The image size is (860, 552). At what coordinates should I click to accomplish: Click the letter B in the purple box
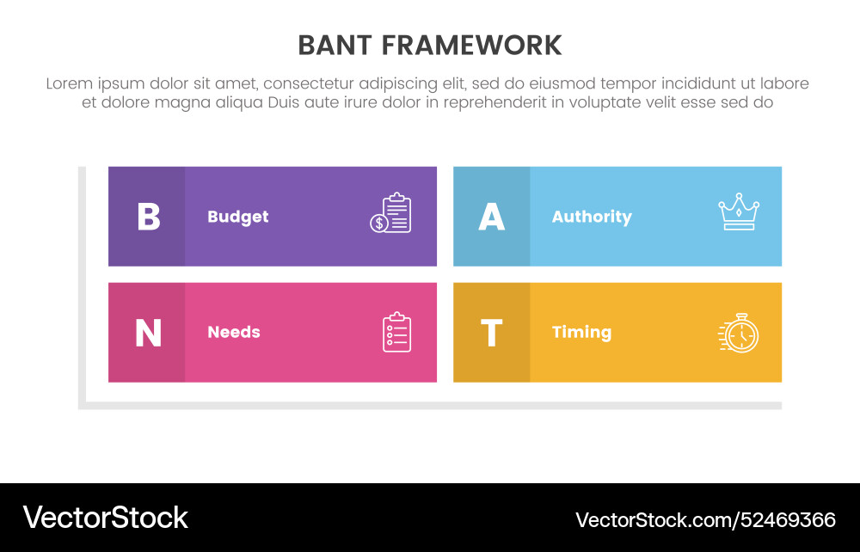pyautogui.click(x=148, y=217)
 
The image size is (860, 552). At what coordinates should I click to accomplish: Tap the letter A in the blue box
pyautogui.click(x=491, y=217)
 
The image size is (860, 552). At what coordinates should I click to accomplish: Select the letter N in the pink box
pyautogui.click(x=148, y=333)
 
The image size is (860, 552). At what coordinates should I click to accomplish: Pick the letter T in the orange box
pyautogui.click(x=491, y=333)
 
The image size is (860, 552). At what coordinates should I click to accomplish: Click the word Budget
pyautogui.click(x=237, y=217)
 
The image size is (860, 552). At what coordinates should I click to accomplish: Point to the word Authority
pyautogui.click(x=591, y=217)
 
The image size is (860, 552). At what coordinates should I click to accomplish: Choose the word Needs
pyautogui.click(x=233, y=333)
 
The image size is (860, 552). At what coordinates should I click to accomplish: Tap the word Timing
pyautogui.click(x=581, y=333)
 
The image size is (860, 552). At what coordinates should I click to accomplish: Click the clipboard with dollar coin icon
pyautogui.click(x=391, y=213)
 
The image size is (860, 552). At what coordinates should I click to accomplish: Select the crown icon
pyautogui.click(x=738, y=212)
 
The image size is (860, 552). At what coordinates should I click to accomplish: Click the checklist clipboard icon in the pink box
pyautogui.click(x=396, y=332)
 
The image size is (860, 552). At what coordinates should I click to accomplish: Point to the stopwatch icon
pyautogui.click(x=739, y=333)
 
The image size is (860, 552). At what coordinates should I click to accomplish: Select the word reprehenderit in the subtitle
pyautogui.click(x=491, y=102)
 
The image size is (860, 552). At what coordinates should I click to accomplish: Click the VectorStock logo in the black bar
pyautogui.click(x=105, y=517)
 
